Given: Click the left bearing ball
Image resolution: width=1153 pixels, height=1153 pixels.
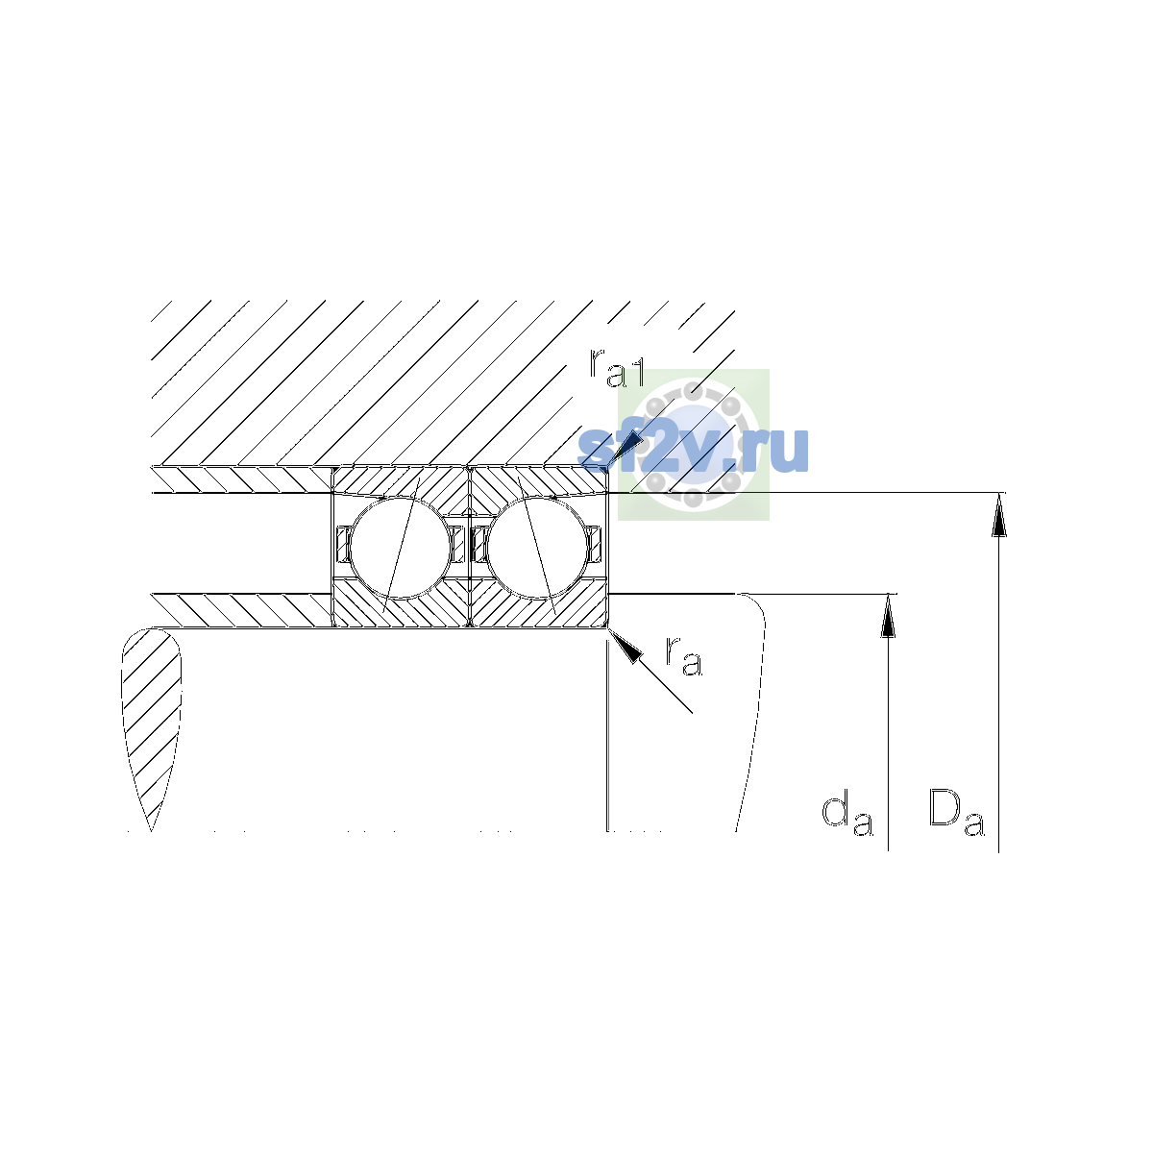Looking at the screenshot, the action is tap(400, 547).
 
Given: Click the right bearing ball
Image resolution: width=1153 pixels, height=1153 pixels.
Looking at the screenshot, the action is tap(537, 547).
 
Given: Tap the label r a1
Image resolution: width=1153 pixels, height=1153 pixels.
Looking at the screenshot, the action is tap(617, 367).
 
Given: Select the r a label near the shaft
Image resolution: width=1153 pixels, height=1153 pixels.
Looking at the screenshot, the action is tap(684, 656).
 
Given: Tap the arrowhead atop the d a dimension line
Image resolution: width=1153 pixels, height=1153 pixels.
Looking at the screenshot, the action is tap(888, 615).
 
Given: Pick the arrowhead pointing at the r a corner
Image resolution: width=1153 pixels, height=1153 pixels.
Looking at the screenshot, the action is tap(625, 645).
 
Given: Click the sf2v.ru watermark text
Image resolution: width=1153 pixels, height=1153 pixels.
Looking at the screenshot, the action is tap(693, 449).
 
